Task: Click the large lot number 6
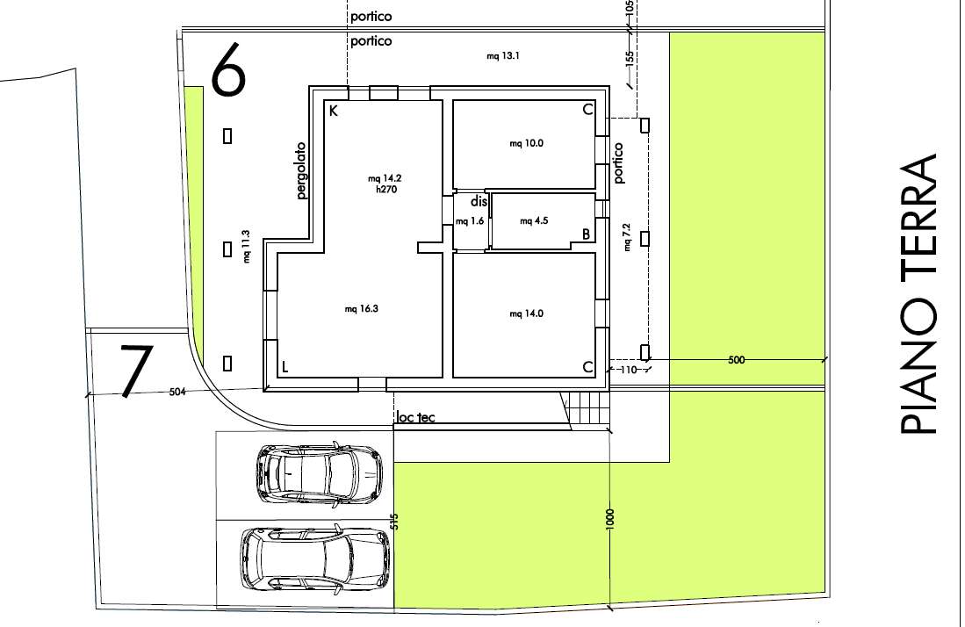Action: click(x=228, y=68)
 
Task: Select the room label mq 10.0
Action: click(x=526, y=143)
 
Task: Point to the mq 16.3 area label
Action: click(x=361, y=309)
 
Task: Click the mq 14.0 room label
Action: click(x=526, y=313)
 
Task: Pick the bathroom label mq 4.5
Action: click(x=534, y=221)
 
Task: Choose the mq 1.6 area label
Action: click(x=470, y=221)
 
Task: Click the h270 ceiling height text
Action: click(x=386, y=190)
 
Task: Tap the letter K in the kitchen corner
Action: click(x=334, y=111)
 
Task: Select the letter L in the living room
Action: click(x=284, y=367)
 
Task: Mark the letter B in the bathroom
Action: click(x=586, y=234)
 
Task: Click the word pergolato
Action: click(x=300, y=170)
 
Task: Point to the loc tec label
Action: click(x=415, y=417)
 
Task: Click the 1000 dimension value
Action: click(x=609, y=519)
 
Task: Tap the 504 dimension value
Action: click(x=177, y=392)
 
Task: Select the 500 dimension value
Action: click(x=736, y=360)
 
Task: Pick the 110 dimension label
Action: click(x=628, y=370)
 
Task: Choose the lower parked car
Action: click(x=314, y=559)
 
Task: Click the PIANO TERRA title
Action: click(x=918, y=293)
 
